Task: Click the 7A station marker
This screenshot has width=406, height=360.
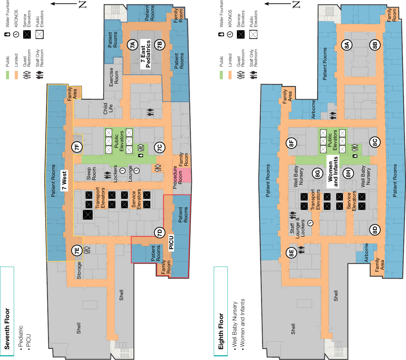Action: tap(133, 45)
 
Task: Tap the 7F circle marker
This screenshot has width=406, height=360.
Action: tap(77, 147)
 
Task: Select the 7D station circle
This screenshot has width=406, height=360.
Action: tap(160, 233)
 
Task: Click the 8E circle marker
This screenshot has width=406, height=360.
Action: tap(291, 253)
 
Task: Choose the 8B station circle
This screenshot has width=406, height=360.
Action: tap(375, 45)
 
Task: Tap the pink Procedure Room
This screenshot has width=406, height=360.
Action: tap(182, 175)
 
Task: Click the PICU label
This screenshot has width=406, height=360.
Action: tap(171, 243)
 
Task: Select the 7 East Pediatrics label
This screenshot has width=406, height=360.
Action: tap(146, 54)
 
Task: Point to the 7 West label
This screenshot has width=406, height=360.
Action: tap(64, 180)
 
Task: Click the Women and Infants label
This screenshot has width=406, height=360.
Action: tap(333, 172)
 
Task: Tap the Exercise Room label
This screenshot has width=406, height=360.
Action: tap(114, 77)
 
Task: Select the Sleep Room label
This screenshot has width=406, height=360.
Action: tap(91, 174)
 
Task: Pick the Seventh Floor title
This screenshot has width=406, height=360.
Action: tap(7, 329)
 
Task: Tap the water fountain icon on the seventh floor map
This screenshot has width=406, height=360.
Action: tap(141, 155)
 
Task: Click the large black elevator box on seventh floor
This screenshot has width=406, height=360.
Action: tap(88, 215)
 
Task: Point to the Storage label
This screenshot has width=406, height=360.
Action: tap(79, 270)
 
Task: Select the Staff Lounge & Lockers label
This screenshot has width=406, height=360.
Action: tap(297, 229)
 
